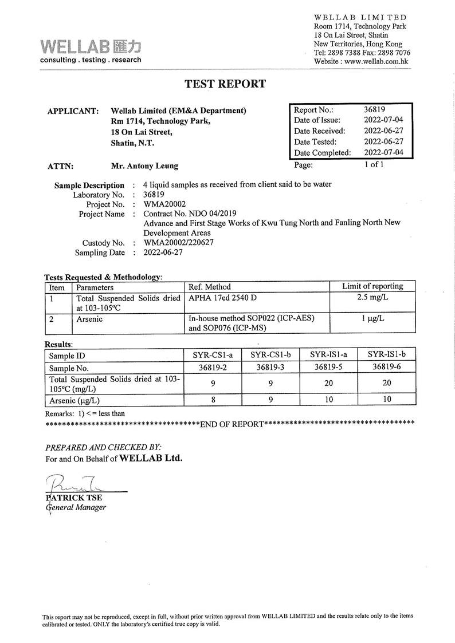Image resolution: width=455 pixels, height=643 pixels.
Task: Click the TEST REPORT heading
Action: click(225, 84)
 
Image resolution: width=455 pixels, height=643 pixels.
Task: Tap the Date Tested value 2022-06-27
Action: click(383, 142)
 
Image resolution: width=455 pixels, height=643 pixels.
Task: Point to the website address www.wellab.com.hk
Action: click(376, 61)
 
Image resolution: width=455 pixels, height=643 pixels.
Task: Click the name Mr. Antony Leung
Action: click(144, 166)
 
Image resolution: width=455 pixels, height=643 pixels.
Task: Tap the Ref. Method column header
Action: click(210, 287)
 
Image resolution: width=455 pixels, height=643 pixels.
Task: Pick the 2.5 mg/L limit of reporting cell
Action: click(372, 298)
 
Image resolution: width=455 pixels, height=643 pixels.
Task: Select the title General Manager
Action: click(76, 507)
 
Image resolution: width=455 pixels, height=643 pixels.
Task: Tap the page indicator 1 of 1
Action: click(373, 165)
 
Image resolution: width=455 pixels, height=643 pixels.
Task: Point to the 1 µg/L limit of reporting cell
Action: click(372, 319)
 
